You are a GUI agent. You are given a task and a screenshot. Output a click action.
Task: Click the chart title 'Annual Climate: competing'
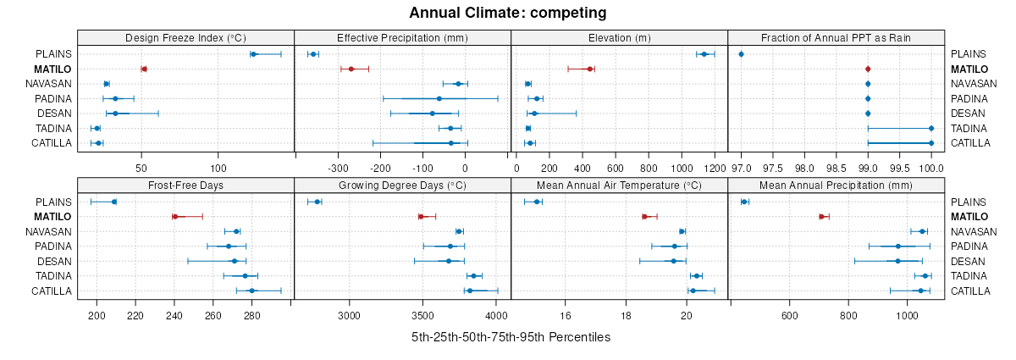pos(507,13)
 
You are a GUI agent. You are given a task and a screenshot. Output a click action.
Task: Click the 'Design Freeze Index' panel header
pos(185,37)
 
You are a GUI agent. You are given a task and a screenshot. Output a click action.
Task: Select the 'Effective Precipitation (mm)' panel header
pos(402,37)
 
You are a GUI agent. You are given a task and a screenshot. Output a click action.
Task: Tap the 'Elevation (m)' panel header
pos(620,37)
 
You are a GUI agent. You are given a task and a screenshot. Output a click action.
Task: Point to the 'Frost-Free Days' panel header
pos(185,186)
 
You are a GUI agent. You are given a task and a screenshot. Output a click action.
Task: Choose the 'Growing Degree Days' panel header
pos(402,186)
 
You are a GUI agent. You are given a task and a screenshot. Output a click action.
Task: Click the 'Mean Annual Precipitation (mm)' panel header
pos(837,186)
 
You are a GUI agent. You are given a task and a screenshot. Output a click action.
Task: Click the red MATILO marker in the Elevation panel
pos(589,69)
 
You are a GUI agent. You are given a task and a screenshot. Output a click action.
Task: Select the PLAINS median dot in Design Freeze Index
pos(253,54)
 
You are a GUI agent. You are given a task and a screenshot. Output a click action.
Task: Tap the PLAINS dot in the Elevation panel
pos(704,54)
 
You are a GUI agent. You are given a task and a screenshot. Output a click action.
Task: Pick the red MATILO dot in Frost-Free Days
pos(174,217)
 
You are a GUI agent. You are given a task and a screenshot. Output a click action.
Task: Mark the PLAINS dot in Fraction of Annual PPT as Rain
pos(742,54)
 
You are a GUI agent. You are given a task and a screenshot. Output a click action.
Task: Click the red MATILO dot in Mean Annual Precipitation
pos(821,217)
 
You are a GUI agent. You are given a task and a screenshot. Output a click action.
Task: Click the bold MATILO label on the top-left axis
pos(54,69)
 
